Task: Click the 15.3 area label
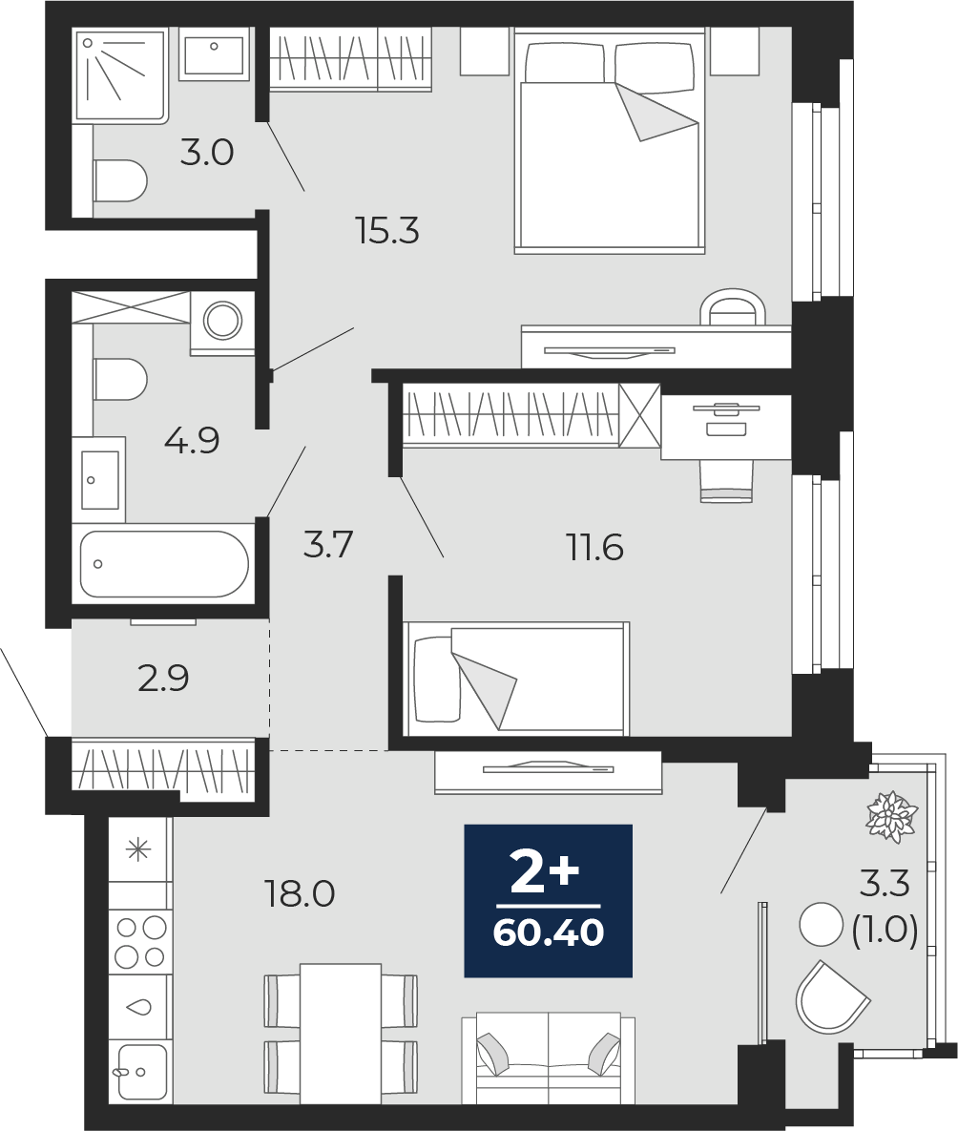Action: point(387,232)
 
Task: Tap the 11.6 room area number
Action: point(595,548)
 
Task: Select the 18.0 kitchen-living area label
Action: point(301,894)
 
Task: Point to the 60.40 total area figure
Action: point(549,932)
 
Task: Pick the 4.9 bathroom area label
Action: point(192,440)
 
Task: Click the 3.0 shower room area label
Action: point(207,154)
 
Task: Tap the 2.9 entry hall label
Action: point(164,678)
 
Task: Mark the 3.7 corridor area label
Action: point(328,544)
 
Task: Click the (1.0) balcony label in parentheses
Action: point(885,931)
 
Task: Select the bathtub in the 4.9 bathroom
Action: point(164,564)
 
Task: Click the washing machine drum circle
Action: point(223,320)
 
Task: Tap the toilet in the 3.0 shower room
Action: point(120,180)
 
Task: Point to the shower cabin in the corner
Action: point(120,75)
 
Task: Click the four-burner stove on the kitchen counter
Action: point(140,942)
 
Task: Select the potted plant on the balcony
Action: point(891,816)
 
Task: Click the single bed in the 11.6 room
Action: point(516,679)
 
